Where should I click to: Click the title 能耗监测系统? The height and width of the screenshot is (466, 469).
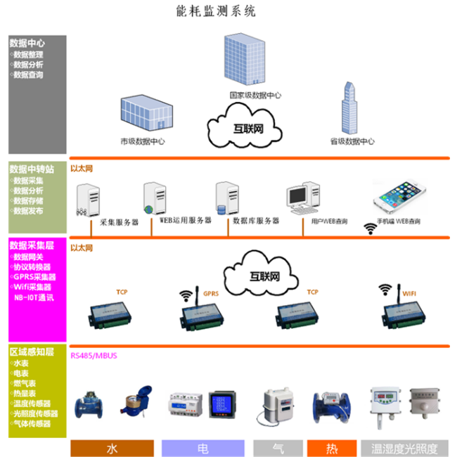[x=215, y=11]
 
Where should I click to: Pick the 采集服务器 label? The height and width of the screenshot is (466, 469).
[x=119, y=222]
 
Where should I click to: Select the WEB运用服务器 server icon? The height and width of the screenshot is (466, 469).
[x=153, y=199]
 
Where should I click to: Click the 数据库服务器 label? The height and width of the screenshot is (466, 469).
[x=256, y=221]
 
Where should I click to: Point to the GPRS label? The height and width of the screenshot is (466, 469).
[x=210, y=292]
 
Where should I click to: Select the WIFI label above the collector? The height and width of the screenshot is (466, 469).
[x=409, y=289]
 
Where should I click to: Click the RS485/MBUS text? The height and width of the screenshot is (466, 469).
[x=94, y=356]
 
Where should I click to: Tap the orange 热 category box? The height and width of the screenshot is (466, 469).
[x=331, y=448]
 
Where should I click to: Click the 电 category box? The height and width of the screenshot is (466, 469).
[x=203, y=448]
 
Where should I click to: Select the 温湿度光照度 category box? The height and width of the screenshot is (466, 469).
[x=404, y=448]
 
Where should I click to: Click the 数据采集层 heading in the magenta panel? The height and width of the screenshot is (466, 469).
[x=32, y=245]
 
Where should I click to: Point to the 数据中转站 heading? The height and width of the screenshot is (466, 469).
[x=32, y=169]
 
